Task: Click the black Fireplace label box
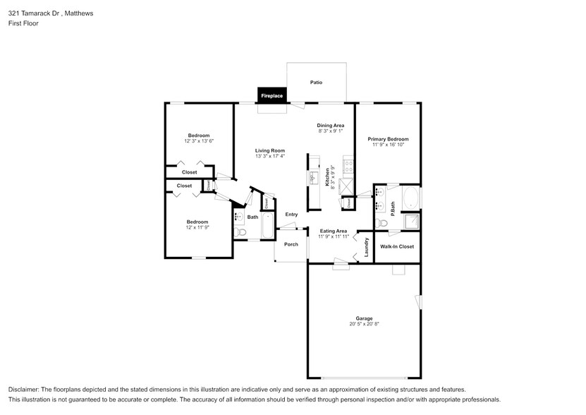tap(272, 95)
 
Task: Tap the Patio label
tap(317, 83)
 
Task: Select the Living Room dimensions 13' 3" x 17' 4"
tap(270, 157)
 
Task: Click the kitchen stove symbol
tap(347, 167)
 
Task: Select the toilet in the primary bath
tap(381, 223)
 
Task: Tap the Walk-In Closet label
tap(397, 246)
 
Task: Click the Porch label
tap(291, 244)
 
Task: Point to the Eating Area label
tap(333, 231)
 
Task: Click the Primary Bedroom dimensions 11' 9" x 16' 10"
tap(388, 145)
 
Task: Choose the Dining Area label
tap(330, 125)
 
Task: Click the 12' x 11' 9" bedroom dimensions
tap(197, 227)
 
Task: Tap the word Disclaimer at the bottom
tap(27, 390)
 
